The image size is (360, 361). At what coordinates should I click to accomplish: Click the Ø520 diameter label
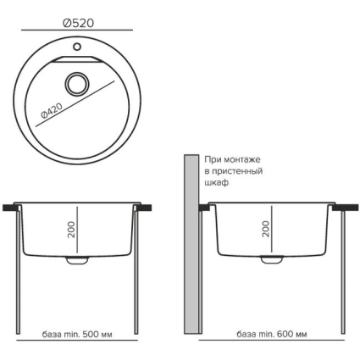click(x=78, y=23)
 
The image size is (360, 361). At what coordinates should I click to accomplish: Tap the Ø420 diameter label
click(x=52, y=111)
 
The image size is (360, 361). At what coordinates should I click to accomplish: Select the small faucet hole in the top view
click(x=77, y=47)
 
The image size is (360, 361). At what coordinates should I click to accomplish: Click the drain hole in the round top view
click(x=77, y=84)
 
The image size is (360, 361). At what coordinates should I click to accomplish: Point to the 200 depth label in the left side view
click(x=72, y=230)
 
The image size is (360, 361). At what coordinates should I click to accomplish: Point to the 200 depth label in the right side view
click(x=266, y=229)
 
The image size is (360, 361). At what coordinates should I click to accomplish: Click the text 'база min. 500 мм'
click(x=77, y=335)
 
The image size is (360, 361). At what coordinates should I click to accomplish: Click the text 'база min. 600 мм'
click(x=272, y=334)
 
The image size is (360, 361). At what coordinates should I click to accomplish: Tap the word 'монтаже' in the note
click(x=242, y=159)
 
